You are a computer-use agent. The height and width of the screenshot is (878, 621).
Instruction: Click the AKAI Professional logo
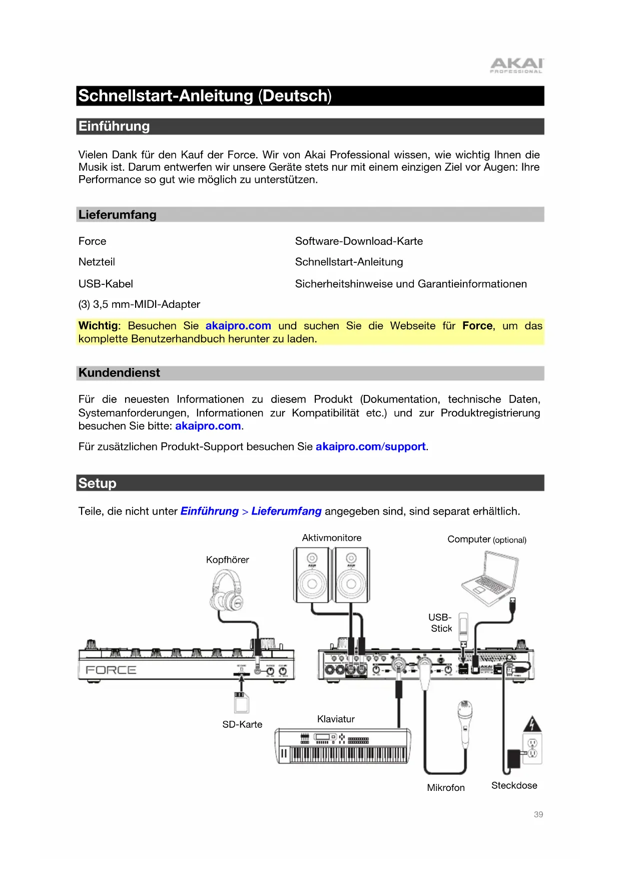[x=516, y=66]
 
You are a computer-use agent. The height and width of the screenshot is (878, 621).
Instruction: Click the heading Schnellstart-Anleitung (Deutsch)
[x=205, y=96]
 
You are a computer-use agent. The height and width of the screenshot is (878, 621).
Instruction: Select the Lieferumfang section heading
[x=117, y=215]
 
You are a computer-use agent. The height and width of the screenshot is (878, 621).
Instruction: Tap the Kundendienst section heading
[x=119, y=373]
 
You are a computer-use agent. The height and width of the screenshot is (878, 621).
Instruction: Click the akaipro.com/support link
[x=370, y=447]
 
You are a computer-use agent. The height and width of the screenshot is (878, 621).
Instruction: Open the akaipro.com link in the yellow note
[x=238, y=326]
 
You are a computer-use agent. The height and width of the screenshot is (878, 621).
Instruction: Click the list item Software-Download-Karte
[x=359, y=241]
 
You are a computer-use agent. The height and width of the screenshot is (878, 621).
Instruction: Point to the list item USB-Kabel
[x=106, y=284]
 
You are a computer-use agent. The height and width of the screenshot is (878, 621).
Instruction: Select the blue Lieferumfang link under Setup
[x=286, y=511]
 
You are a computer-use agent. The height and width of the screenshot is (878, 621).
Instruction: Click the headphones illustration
[x=226, y=591]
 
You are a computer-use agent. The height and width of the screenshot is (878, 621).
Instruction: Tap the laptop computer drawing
[x=489, y=578]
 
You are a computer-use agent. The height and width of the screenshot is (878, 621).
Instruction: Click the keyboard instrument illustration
[x=343, y=746]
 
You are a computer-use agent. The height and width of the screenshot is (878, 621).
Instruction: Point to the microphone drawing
[x=465, y=721]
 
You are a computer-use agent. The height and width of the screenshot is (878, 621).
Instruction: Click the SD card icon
[x=241, y=702]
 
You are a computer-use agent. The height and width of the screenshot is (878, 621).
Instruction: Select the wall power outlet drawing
[x=532, y=749]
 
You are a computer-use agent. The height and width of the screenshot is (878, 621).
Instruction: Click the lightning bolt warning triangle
[x=532, y=724]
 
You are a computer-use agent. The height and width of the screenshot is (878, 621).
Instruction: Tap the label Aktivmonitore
[x=331, y=538]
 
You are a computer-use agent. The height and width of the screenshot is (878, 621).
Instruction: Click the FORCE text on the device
[x=111, y=670]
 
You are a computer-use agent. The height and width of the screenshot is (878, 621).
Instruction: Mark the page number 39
[x=538, y=814]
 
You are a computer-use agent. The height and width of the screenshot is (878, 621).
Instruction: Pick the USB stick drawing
[x=463, y=626]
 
